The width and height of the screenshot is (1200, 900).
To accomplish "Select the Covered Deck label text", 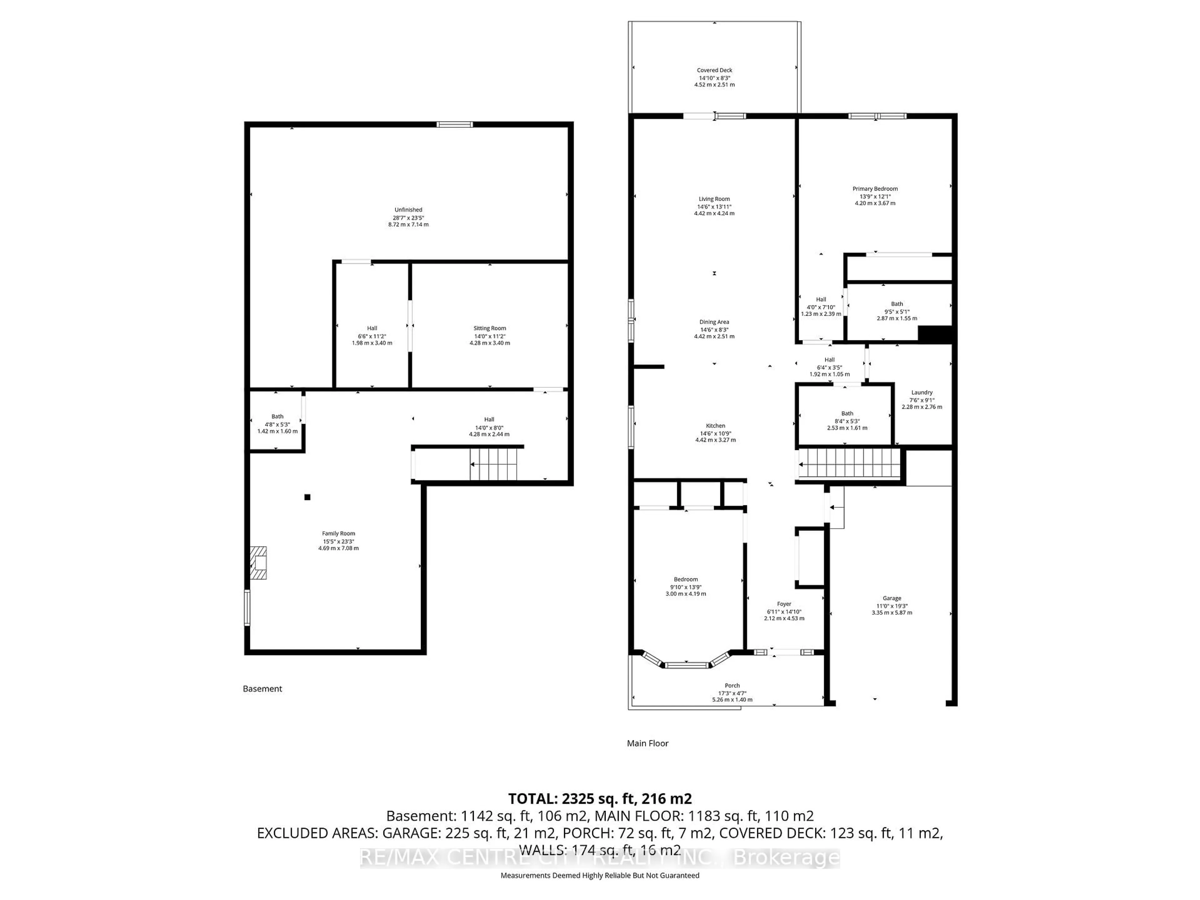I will click(x=714, y=70).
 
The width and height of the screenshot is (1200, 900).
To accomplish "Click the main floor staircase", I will click(x=849, y=464).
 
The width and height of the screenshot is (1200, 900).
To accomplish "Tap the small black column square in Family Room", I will click(x=307, y=497).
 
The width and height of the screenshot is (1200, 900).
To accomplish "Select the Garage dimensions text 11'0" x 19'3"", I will click(x=892, y=606).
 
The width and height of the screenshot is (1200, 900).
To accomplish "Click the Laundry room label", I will click(x=922, y=392).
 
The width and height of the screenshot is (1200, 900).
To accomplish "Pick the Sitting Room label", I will click(x=489, y=328).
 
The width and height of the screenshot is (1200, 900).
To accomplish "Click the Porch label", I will click(x=732, y=685).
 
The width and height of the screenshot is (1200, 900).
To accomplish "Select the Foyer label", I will click(x=784, y=604).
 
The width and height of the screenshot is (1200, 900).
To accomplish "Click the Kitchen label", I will click(x=715, y=426).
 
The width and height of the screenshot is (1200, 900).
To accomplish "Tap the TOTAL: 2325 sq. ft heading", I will click(x=599, y=798).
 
